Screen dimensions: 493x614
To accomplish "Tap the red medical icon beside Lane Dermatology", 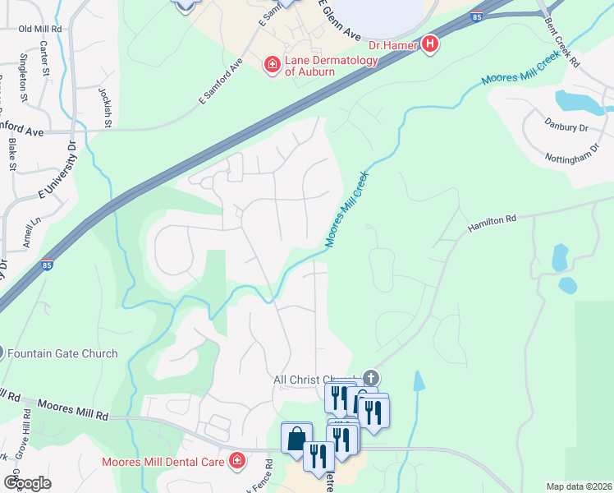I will pos(271,63).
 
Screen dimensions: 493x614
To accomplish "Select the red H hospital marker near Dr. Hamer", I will pos(428,44).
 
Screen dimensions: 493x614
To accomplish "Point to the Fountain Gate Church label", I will pos(62,353).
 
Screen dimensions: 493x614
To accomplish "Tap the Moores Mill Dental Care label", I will pos(163,462).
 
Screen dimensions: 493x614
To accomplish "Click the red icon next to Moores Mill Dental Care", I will pos(237,460).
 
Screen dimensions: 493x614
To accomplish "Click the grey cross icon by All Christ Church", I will pos(371,379).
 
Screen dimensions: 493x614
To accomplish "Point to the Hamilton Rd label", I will pos(492,219).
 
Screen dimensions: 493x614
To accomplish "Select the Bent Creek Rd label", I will pos(562,50).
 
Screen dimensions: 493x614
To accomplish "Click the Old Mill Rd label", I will pos(40,29).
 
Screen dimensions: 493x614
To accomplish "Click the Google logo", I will pos(27,483).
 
